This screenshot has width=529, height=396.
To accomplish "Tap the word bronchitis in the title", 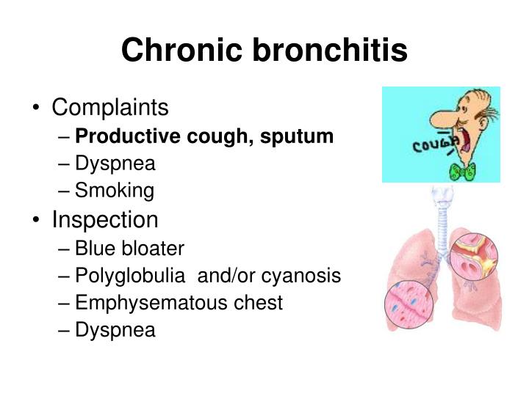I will pos(330,51).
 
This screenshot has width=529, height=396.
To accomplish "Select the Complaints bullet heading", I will pos(109,109).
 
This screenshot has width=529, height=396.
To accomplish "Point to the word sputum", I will pos(303,136).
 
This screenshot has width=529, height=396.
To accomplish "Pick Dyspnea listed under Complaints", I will pos(116,164).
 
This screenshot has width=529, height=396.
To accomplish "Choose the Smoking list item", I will pos(115,191).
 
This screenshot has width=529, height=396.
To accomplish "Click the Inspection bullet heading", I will pos(104,219).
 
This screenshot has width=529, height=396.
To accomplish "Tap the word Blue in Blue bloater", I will pos(95,249).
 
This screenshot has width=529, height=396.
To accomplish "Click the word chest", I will pos(259,303).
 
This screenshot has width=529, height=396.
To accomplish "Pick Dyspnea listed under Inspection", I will pos(116,331).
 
